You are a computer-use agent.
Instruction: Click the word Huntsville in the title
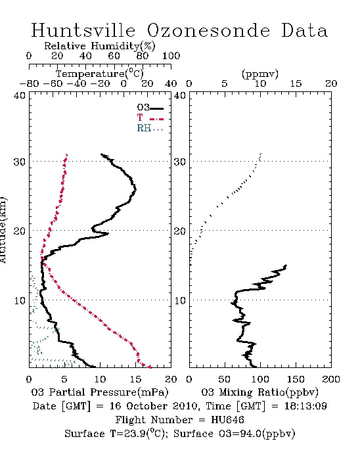(83, 30)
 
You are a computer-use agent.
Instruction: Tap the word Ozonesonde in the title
(208, 30)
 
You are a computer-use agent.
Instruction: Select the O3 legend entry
(150, 107)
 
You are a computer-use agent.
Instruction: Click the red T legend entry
(150, 118)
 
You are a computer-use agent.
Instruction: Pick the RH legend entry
(150, 128)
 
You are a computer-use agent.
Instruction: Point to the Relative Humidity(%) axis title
(100, 46)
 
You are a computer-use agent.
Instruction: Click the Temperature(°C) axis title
(100, 74)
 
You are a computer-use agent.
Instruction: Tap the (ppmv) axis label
(260, 74)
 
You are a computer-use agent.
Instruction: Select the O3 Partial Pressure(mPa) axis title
(100, 392)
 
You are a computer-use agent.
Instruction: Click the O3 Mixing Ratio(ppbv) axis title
(260, 392)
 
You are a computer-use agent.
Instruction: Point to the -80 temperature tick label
(29, 84)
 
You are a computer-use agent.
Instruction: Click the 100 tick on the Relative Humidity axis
(171, 56)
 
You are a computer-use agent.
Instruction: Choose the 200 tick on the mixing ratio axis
(331, 379)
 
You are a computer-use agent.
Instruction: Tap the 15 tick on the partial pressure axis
(135, 379)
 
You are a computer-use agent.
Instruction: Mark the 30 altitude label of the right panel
(180, 162)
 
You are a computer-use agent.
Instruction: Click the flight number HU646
(227, 420)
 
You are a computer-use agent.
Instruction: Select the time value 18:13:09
(305, 406)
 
